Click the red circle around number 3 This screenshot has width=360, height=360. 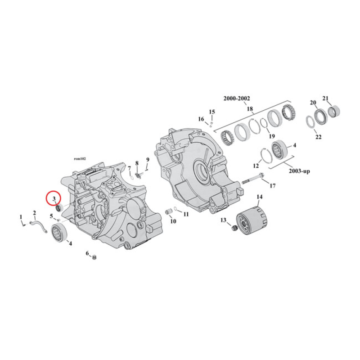[x=54, y=198]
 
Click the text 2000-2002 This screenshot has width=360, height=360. [x=237, y=99]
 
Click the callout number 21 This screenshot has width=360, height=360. [x=326, y=98]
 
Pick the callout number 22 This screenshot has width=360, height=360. [x=318, y=137]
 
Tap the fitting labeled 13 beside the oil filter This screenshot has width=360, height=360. [x=233, y=229]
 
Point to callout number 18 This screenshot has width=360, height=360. [x=250, y=108]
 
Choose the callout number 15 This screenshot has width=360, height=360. [x=212, y=112]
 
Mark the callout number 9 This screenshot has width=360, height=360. [x=147, y=160]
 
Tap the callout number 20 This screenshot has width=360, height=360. [x=313, y=103]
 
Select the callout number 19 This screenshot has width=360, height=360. [x=271, y=136]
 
